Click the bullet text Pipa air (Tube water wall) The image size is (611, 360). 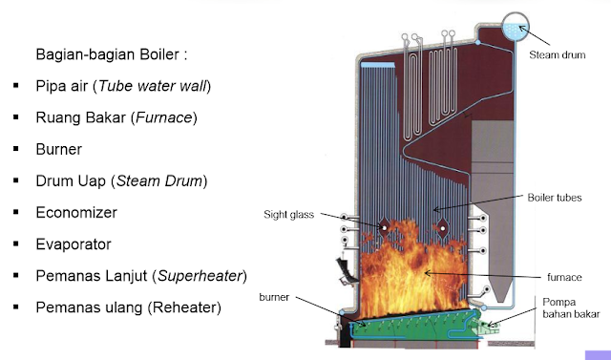click(123, 87)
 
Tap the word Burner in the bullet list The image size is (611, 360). click(58, 150)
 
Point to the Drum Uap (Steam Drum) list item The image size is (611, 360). click(121, 181)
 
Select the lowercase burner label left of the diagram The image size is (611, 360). click(273, 296)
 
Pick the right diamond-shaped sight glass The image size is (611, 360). click(443, 228)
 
